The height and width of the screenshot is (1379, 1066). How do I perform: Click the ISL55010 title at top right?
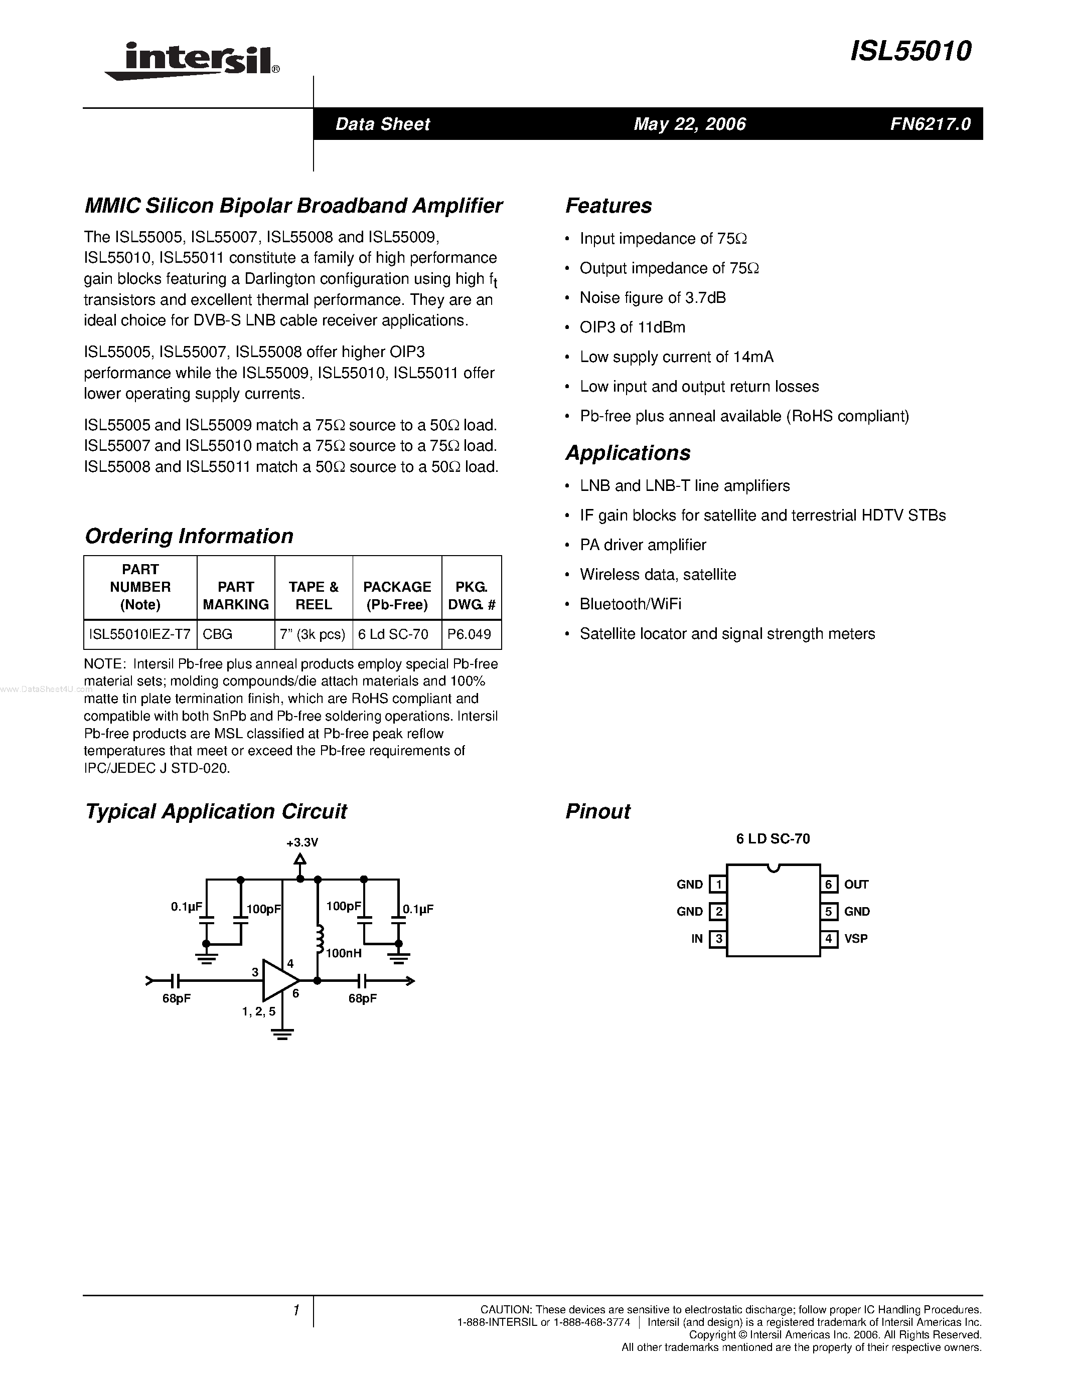tap(910, 52)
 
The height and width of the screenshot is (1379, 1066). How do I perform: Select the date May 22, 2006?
tap(690, 124)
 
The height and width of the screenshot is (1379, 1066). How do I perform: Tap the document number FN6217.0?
tap(930, 124)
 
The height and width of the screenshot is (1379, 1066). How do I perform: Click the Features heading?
tap(608, 206)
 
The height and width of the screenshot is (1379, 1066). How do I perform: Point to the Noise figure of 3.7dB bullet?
tap(652, 298)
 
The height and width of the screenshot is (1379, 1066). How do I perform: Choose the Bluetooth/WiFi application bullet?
tap(630, 604)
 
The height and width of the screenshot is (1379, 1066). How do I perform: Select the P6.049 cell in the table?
tap(469, 634)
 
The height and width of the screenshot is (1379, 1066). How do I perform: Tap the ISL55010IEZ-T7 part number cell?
tap(140, 634)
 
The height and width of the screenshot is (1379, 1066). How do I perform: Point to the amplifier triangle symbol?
tap(280, 980)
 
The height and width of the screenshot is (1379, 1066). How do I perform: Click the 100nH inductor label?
tap(344, 953)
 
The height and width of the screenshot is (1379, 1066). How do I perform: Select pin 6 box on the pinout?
tap(829, 885)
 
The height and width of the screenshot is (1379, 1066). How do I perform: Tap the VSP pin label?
tap(856, 938)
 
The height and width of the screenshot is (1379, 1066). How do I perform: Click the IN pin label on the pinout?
tap(697, 939)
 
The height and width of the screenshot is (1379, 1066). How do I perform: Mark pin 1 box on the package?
tap(718, 885)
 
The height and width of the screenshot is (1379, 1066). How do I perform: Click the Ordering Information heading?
tap(189, 536)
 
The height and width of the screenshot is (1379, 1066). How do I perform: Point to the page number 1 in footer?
tap(295, 1311)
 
